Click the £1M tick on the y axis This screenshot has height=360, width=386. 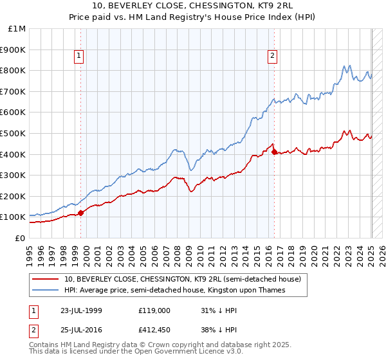[17, 28]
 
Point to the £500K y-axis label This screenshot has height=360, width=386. [14, 133]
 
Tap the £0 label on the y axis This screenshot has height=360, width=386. [21, 238]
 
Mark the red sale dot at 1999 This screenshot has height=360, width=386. [81, 213]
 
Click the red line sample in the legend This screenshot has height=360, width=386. [45, 279]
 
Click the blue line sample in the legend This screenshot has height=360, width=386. [45, 290]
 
